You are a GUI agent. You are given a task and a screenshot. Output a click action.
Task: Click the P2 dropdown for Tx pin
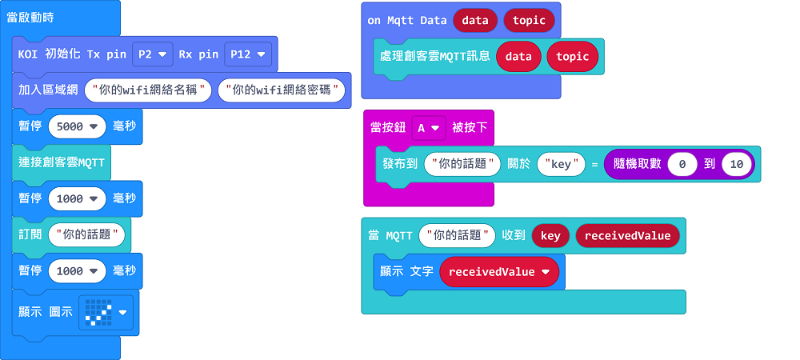(152, 54)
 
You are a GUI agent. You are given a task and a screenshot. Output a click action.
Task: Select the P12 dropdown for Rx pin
(248, 54)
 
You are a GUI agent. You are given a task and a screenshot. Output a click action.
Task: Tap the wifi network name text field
(149, 90)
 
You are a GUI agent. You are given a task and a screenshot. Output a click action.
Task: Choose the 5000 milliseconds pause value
(77, 126)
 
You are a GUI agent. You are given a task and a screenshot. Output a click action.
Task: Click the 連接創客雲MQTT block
(62, 162)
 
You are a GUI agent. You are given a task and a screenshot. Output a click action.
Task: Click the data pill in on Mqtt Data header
(475, 20)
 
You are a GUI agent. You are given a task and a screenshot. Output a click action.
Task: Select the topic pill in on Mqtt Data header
(529, 20)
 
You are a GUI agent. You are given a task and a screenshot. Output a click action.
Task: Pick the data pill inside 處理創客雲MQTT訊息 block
(518, 56)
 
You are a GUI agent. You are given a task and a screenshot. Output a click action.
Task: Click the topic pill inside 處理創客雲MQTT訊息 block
(572, 56)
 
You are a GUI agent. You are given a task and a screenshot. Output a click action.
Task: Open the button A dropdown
(428, 128)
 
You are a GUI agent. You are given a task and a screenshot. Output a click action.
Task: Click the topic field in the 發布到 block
(462, 164)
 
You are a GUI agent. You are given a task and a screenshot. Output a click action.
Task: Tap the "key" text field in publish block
(561, 164)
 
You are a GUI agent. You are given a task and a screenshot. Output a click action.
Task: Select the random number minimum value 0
(682, 164)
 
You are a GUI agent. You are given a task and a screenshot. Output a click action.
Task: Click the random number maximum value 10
(737, 164)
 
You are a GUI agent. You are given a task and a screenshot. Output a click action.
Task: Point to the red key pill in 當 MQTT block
(550, 235)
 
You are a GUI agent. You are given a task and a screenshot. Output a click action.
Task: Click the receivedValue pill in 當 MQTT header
(627, 235)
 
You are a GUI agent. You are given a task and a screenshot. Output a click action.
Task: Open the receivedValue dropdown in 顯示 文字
(498, 272)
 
